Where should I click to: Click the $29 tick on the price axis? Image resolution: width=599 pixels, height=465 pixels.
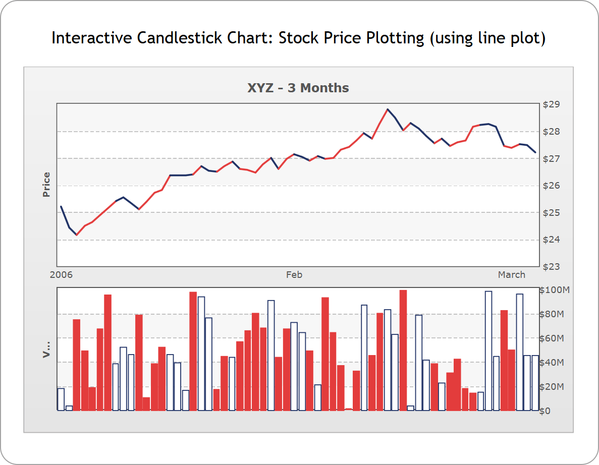(551, 105)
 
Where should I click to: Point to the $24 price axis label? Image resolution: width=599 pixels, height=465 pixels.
(551, 240)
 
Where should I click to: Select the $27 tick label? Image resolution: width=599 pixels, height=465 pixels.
(551, 159)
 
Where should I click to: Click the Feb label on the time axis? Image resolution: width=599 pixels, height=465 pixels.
(294, 275)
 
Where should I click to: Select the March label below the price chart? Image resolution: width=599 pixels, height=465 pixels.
(511, 275)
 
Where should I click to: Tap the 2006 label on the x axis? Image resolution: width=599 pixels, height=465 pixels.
(62, 275)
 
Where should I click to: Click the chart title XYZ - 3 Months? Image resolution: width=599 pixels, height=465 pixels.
(298, 88)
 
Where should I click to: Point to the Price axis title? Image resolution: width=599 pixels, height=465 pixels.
(46, 185)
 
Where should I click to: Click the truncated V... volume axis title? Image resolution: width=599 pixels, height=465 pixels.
(46, 349)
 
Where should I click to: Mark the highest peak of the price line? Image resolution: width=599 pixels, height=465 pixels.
(388, 109)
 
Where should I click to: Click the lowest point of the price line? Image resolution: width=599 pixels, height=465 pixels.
(77, 235)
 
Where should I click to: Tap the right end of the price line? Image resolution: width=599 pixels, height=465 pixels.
(535, 152)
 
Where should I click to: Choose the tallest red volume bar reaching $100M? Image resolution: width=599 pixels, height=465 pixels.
(403, 351)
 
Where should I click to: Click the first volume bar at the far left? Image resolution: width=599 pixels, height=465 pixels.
(61, 399)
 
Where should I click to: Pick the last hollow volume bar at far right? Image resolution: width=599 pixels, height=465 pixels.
(535, 383)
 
